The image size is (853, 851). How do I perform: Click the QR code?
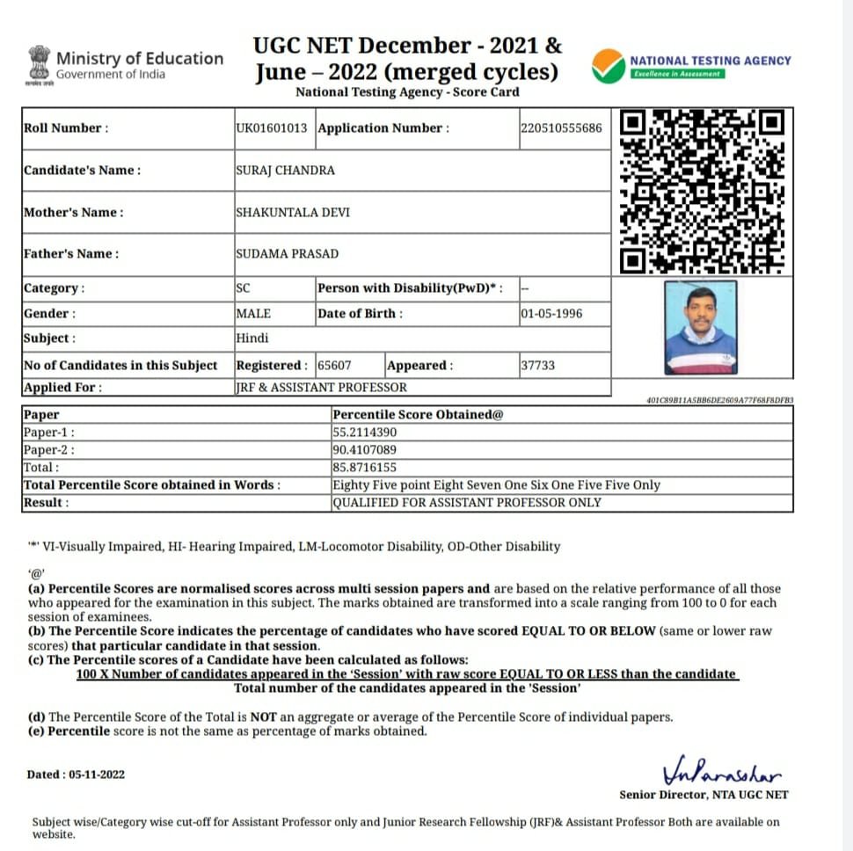pos(702,191)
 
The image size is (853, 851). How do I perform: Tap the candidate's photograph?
pos(700,328)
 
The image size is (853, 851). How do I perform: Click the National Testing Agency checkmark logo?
pos(608,65)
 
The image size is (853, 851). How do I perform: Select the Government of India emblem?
pos(39,64)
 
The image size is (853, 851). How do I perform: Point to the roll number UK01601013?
pos(272,128)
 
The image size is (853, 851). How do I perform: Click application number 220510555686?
pos(561,128)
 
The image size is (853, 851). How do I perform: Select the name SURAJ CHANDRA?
pos(285,171)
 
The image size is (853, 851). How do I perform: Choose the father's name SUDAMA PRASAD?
pos(287,254)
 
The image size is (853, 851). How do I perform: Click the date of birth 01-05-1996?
pos(550,314)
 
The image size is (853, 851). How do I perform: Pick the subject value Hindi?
pos(252,338)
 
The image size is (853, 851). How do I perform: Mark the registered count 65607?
pos(334,365)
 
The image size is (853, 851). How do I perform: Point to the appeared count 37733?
pos(537,365)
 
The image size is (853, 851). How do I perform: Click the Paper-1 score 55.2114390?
pos(365,433)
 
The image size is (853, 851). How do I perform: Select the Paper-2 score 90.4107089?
pos(365,450)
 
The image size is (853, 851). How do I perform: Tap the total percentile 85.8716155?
pos(365,468)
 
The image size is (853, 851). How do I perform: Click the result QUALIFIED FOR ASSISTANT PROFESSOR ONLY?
pos(467,503)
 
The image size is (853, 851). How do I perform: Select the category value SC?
pos(243,288)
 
